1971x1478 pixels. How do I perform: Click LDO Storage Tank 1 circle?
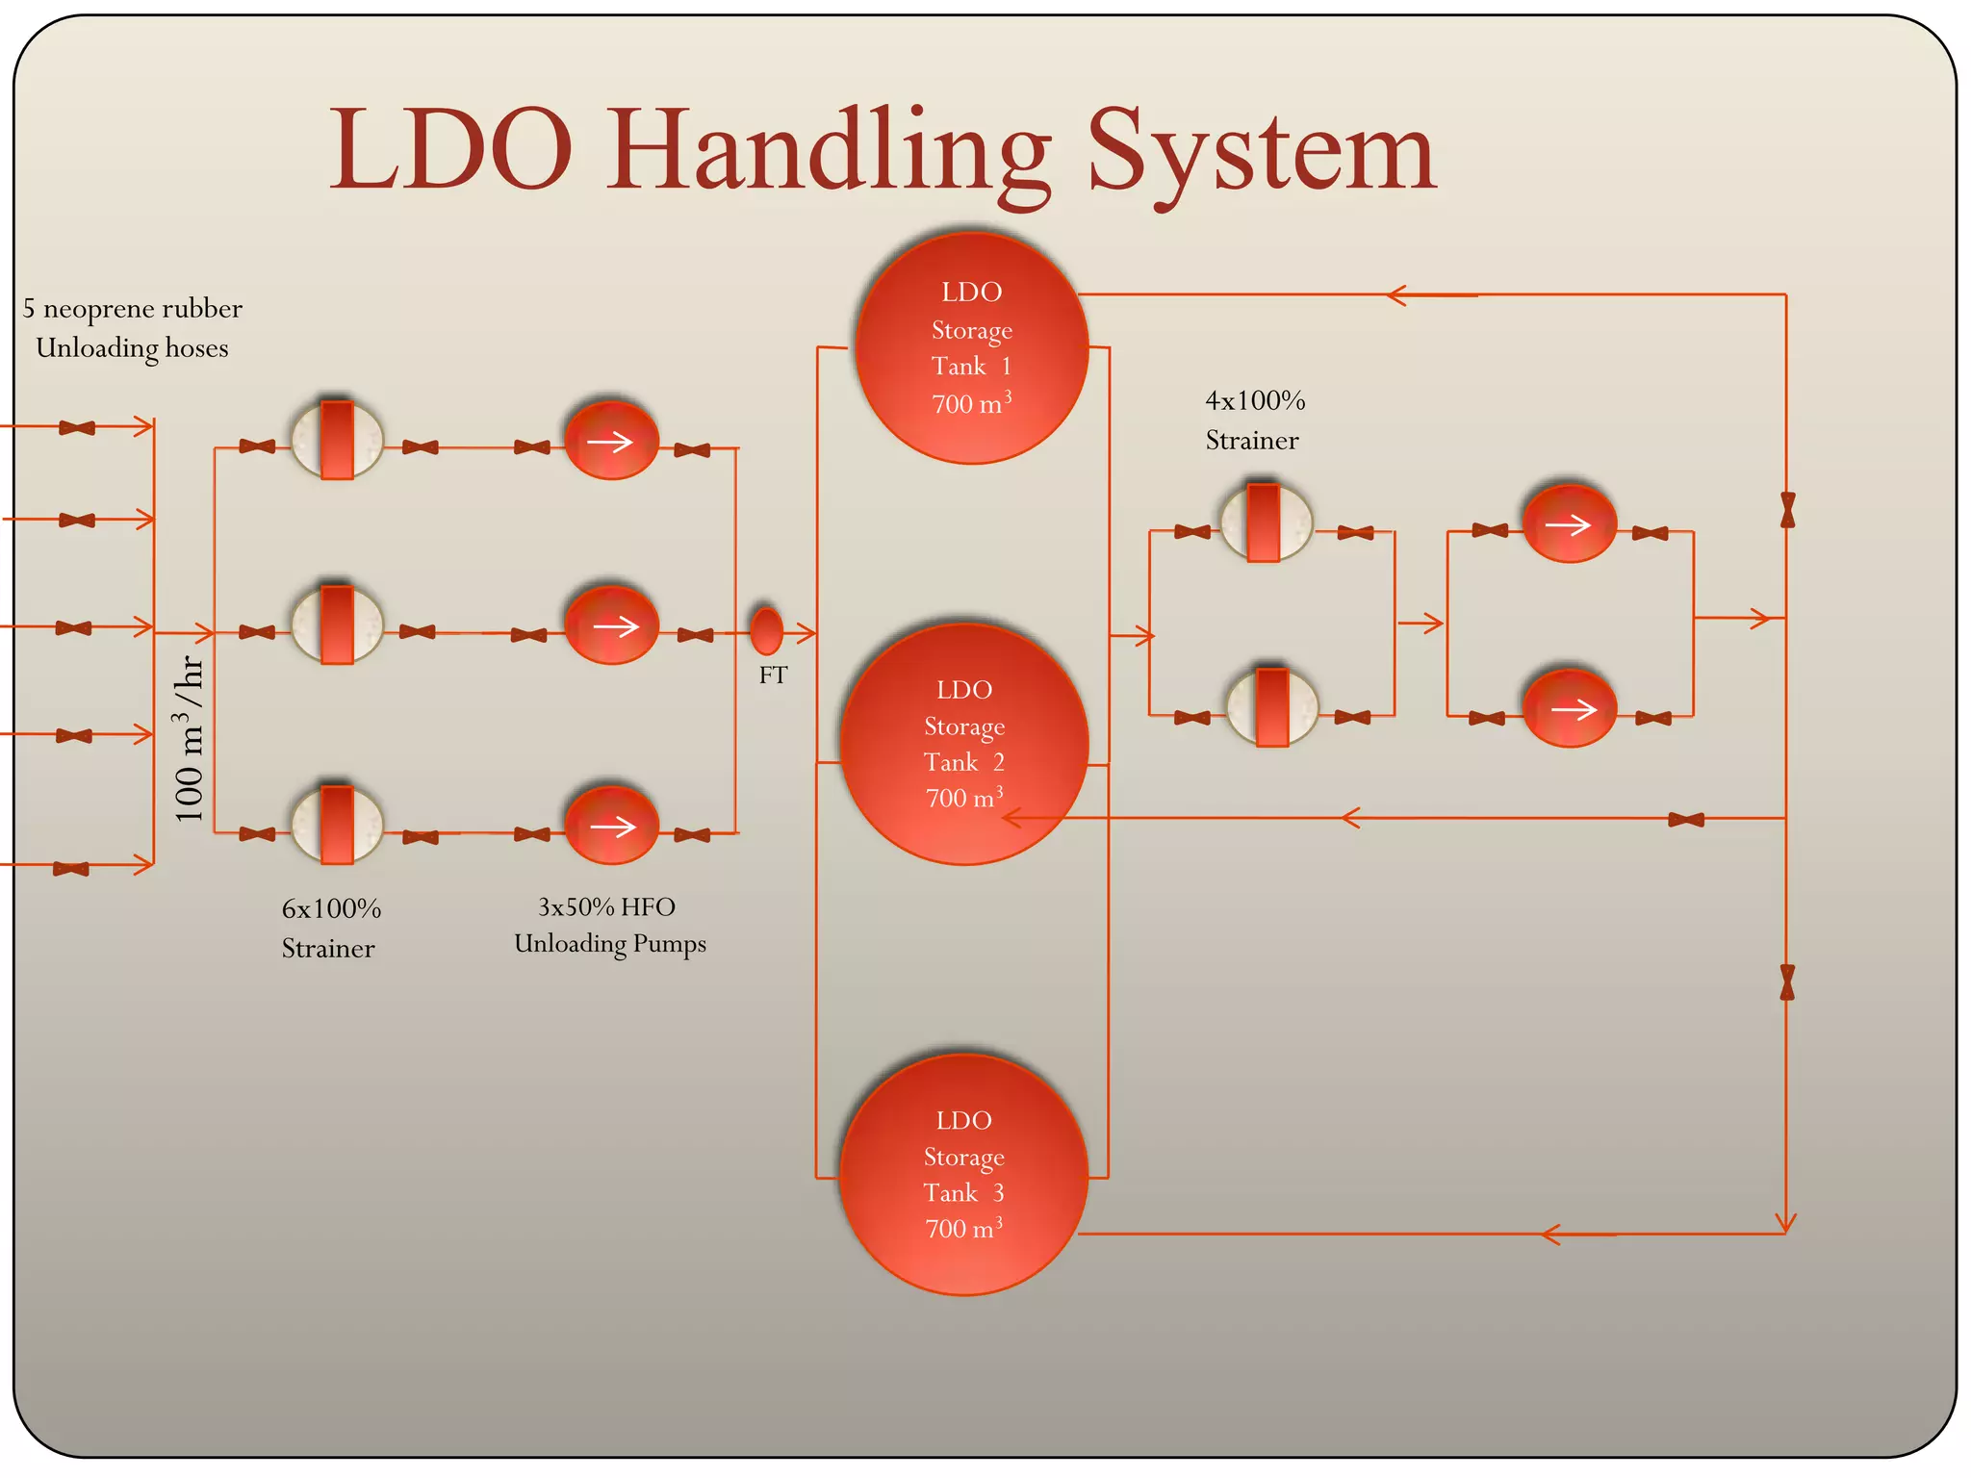tap(971, 347)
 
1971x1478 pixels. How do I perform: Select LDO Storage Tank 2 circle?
tap(963, 744)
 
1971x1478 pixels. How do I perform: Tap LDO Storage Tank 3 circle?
tap(963, 1174)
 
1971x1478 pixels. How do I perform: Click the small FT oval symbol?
tap(766, 630)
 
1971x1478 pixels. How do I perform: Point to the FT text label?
tap(773, 675)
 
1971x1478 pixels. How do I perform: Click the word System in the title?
tap(1262, 152)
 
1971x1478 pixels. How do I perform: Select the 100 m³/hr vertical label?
tap(190, 738)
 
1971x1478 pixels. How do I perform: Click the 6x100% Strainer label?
tap(330, 929)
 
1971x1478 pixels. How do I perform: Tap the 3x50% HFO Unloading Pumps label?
tap(609, 925)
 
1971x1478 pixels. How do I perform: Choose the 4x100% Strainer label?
tap(1254, 420)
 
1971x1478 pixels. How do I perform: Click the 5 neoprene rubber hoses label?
tap(132, 328)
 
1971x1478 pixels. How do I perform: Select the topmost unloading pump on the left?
tap(611, 441)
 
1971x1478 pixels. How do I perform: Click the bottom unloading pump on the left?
tap(611, 826)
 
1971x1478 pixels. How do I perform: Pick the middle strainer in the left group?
tap(337, 625)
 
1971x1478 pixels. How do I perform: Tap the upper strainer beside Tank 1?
tap(1265, 522)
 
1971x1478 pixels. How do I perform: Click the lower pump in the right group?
tap(1569, 709)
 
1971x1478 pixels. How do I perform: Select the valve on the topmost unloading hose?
tap(77, 427)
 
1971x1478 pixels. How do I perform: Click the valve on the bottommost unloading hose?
tap(71, 869)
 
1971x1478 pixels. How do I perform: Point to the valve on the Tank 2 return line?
tap(1685, 820)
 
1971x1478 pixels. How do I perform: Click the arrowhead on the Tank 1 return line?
tap(1395, 295)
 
